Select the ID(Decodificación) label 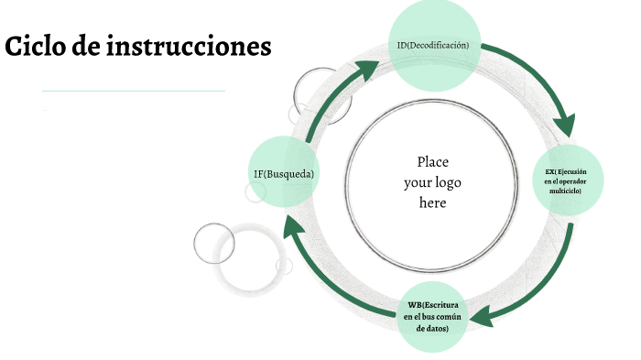point(433,45)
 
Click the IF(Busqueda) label point(284,173)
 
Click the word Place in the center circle point(432,162)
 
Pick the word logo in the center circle point(448,182)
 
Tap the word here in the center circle point(432,202)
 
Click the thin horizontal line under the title point(133,91)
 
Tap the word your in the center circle point(418,182)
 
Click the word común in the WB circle point(452,315)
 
